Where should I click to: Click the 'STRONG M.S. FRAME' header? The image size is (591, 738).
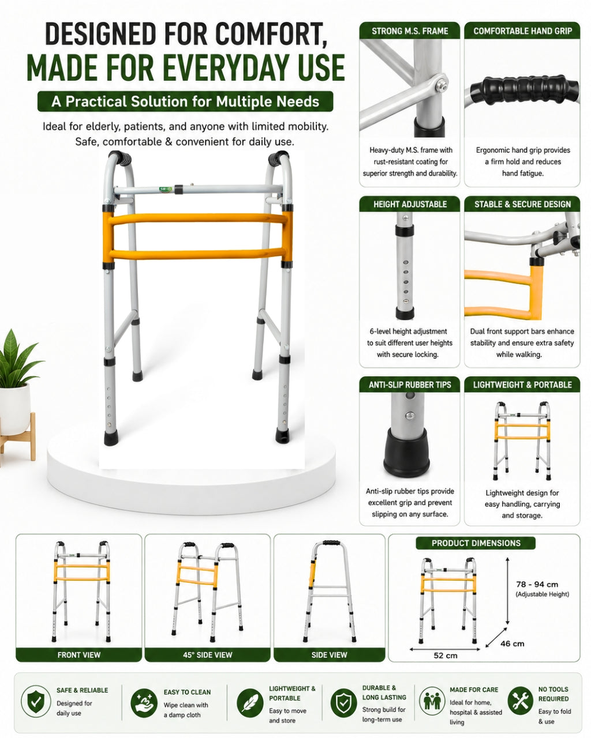tap(409, 31)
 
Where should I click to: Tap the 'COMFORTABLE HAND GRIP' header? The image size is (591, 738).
tap(522, 31)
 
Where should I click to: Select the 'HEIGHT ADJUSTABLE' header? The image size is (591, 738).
tap(410, 204)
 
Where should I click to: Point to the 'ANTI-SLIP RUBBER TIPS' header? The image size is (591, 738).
tap(410, 385)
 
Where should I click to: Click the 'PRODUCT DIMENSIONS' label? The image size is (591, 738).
tap(476, 543)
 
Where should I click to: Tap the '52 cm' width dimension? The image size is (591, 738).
tap(445, 656)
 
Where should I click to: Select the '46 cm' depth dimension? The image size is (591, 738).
tap(512, 643)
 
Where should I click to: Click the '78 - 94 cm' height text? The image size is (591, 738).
tap(537, 585)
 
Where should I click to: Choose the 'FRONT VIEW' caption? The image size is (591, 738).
tap(78, 654)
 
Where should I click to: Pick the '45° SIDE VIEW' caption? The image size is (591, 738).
tap(207, 654)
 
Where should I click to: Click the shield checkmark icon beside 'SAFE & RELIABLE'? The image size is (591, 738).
tap(36, 701)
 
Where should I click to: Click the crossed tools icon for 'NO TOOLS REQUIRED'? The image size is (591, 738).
tap(520, 702)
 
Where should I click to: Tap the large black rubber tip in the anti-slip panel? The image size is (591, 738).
tap(406, 452)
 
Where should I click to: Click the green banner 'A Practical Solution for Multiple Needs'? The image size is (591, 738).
tap(185, 101)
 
